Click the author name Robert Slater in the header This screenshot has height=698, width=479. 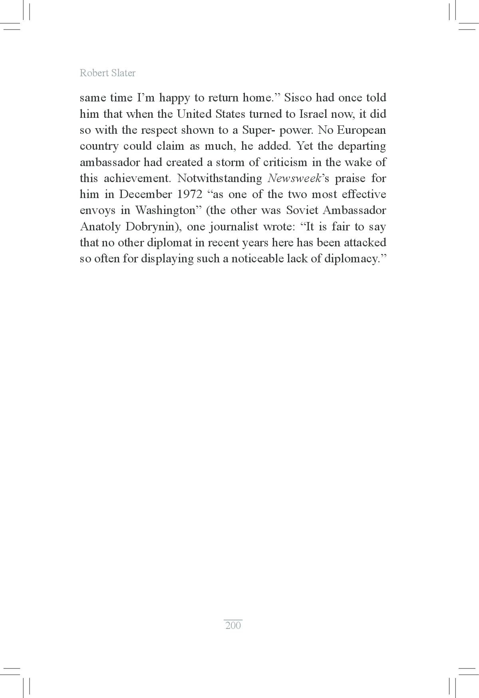[107, 73]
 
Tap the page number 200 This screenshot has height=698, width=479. [233, 625]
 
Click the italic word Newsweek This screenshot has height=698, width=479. [294, 178]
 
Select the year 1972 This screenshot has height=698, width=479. [188, 194]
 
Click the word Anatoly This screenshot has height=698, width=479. [100, 227]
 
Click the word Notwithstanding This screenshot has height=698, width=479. [220, 178]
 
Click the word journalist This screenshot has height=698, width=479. [234, 227]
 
